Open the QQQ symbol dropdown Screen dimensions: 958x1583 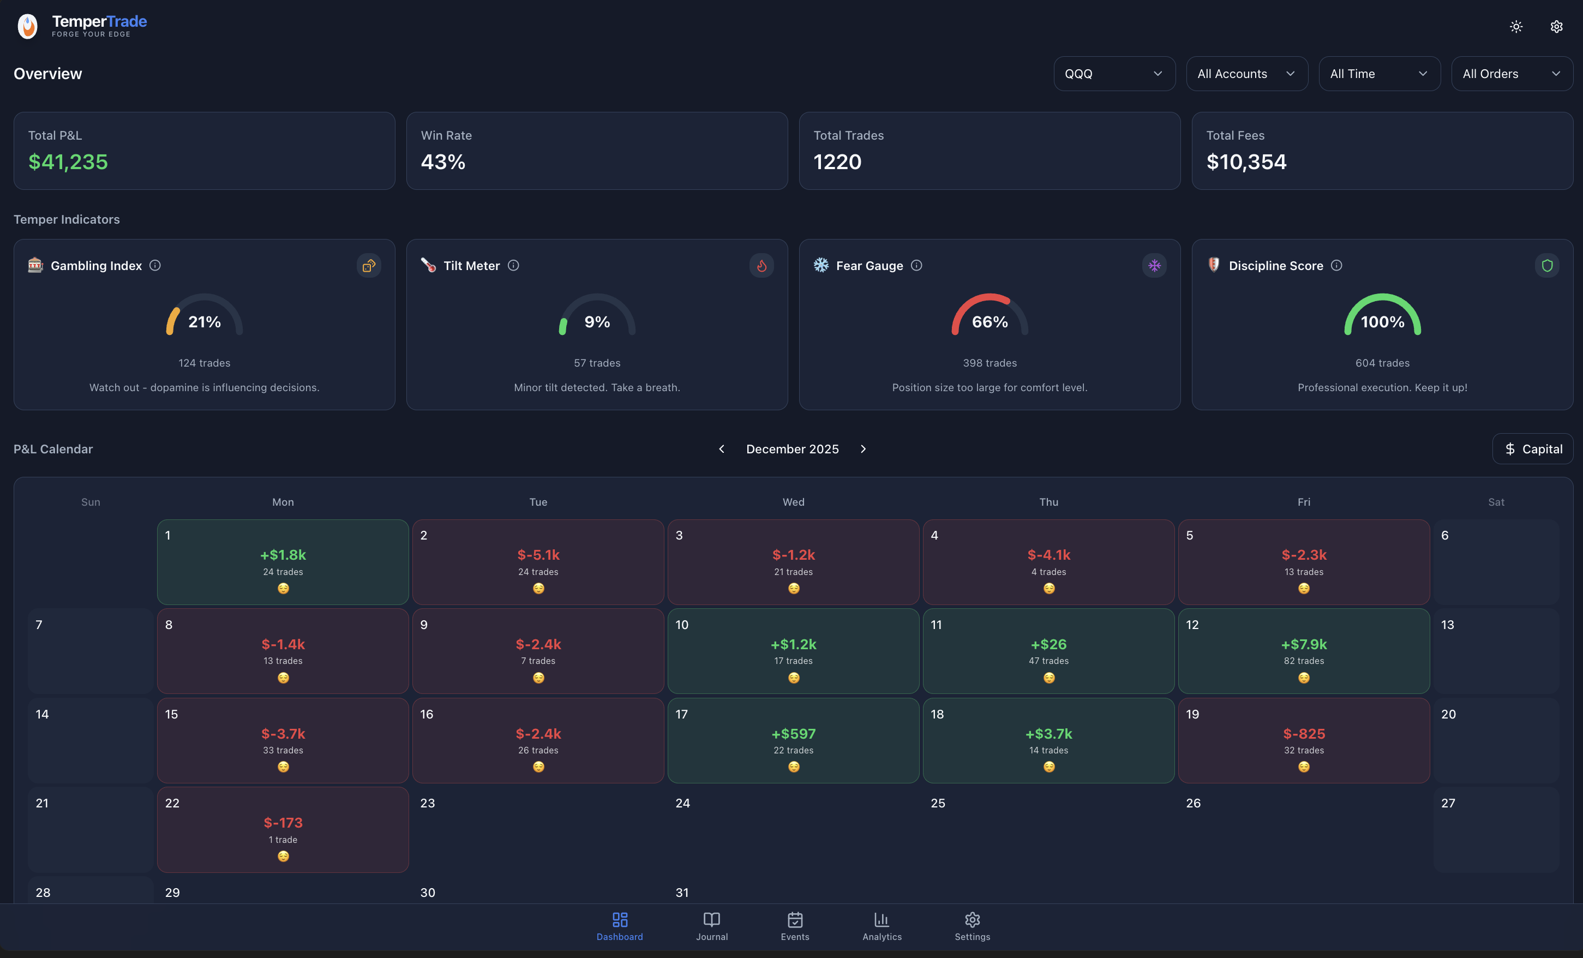1114,74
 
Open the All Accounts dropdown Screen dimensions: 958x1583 1246,74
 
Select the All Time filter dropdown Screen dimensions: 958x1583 1378,74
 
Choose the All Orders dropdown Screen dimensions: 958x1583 1511,74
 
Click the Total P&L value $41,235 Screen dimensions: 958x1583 68,162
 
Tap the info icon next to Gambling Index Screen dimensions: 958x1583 155,265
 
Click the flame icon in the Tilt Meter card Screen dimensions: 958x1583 761,265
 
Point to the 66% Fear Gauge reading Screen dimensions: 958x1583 990,322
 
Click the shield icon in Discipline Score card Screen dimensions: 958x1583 1547,265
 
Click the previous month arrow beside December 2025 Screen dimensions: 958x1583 722,449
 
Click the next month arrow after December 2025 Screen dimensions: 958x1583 863,449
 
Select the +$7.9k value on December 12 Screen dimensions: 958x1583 1304,644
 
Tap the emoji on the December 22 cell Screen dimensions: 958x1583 283,856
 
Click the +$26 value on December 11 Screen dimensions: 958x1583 1048,644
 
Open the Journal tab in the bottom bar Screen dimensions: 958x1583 712,926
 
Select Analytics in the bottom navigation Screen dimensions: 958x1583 882,926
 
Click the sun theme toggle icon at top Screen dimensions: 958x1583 1516,26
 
